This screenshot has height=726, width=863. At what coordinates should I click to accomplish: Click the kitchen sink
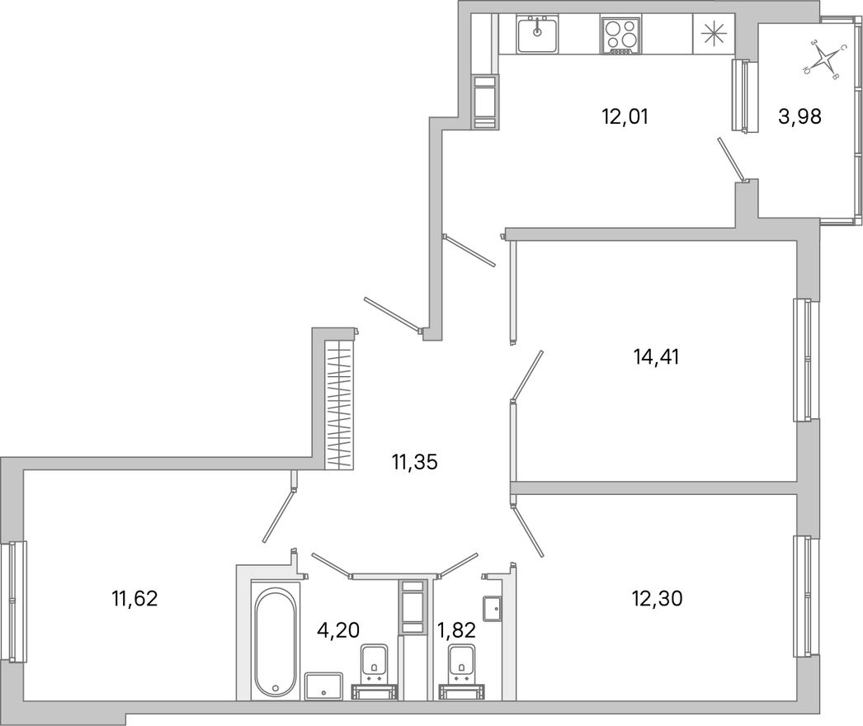(538, 33)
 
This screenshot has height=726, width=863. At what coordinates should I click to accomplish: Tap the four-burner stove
(620, 35)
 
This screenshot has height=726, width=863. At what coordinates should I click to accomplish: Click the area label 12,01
(625, 116)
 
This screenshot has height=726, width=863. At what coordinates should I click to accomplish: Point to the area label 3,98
(799, 116)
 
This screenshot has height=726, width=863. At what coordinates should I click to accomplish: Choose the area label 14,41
(656, 357)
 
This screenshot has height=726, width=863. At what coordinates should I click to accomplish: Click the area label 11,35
(414, 462)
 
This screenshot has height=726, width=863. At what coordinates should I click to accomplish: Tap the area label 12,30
(658, 598)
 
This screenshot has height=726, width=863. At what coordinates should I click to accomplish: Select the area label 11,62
(134, 598)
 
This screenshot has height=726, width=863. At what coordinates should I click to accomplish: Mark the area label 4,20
(338, 628)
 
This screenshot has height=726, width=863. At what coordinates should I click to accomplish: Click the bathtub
(276, 639)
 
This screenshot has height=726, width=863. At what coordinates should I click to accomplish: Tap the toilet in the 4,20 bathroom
(375, 671)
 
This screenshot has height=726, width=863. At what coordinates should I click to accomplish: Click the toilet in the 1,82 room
(462, 671)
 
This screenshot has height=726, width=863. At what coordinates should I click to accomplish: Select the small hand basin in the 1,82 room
(492, 608)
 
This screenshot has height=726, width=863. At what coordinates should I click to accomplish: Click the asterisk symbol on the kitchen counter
(712, 35)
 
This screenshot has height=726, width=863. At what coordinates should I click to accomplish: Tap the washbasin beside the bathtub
(323, 686)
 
